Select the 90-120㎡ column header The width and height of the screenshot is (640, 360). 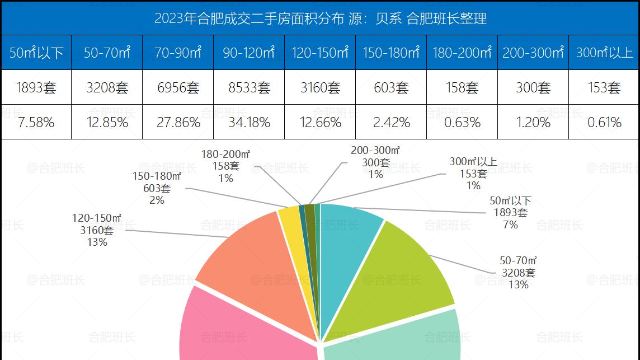click(248, 53)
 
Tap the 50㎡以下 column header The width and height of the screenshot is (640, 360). click(36, 53)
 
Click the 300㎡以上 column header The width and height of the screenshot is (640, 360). click(604, 53)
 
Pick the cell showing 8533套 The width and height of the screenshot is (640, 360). click(248, 87)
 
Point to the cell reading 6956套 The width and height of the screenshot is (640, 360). click(178, 87)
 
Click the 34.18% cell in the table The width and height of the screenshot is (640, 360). click(248, 122)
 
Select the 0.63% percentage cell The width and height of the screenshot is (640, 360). click(462, 122)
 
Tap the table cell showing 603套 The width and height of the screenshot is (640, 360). click(391, 87)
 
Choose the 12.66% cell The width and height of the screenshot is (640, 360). click(319, 122)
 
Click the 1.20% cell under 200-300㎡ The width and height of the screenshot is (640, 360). click(533, 122)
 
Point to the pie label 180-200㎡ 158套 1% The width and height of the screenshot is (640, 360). click(226, 166)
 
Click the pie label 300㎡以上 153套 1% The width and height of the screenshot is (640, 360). click(473, 174)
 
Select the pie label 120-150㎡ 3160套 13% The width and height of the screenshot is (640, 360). click(97, 230)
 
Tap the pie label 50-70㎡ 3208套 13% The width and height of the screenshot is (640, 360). click(518, 273)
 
